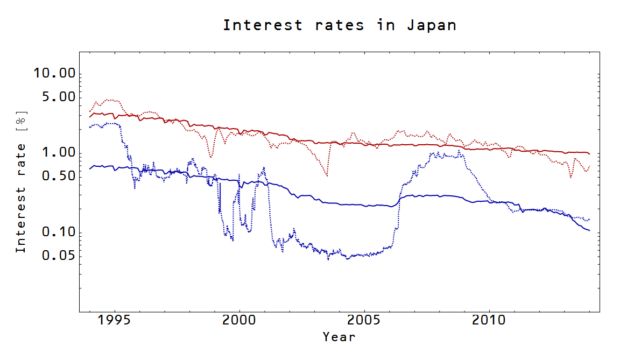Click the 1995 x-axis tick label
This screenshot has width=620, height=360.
coord(115,321)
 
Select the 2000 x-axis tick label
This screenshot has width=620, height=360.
coord(239,321)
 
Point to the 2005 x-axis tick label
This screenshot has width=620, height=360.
coord(364,321)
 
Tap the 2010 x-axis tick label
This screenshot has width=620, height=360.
coord(489,321)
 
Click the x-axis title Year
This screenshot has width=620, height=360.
coord(339,337)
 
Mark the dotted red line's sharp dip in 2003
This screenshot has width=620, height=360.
coord(327,175)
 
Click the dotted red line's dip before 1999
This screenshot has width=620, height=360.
coord(210,157)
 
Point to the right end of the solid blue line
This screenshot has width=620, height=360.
coord(590,230)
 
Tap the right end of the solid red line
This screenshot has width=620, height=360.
coord(590,154)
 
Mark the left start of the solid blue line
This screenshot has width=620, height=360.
coord(89,169)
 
